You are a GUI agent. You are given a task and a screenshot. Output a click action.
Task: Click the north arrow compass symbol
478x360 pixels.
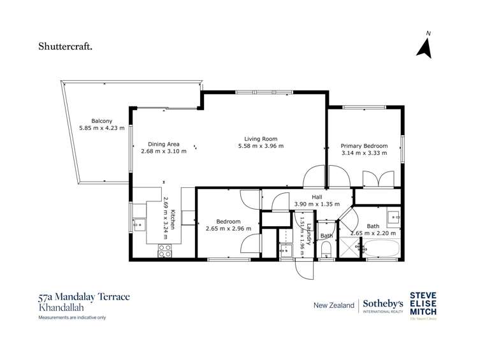pos(424,47)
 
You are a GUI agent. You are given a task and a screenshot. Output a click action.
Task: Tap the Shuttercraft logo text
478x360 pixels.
pos(66,46)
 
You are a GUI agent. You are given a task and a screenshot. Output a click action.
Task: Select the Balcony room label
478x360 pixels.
pos(101,121)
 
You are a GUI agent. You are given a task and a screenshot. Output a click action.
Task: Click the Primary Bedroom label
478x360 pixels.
pos(363,145)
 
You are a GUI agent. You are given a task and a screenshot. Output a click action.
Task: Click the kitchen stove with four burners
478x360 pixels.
pos(164,250)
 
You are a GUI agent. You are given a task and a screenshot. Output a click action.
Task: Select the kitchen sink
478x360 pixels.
pos(138,224)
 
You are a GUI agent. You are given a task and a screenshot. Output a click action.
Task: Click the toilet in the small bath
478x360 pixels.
pos(326,248)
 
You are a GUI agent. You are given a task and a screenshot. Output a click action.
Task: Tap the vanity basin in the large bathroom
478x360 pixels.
pos(394,217)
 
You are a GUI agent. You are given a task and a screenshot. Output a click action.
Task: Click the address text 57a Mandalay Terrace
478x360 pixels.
pos(83,296)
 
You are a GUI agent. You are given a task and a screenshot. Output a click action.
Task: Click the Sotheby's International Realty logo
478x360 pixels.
pos(382,306)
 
